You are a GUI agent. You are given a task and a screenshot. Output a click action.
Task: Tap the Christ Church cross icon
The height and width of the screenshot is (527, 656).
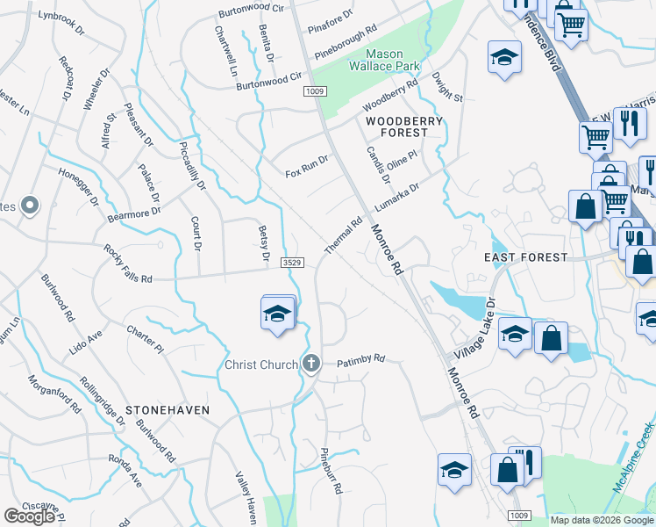(x=310, y=364)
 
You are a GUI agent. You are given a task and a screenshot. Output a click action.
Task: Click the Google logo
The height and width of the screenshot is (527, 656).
(x=29, y=516)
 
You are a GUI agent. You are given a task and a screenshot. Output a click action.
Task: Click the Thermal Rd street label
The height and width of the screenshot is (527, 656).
(x=343, y=236)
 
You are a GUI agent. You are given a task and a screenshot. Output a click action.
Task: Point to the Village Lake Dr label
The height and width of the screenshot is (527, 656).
(x=475, y=331)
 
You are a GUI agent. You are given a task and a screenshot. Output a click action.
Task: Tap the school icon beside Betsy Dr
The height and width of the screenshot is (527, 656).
(x=277, y=313)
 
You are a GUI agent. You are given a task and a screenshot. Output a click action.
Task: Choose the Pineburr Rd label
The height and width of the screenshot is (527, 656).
(x=331, y=472)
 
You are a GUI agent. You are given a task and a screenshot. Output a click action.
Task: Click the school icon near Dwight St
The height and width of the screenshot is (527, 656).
(x=503, y=60)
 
